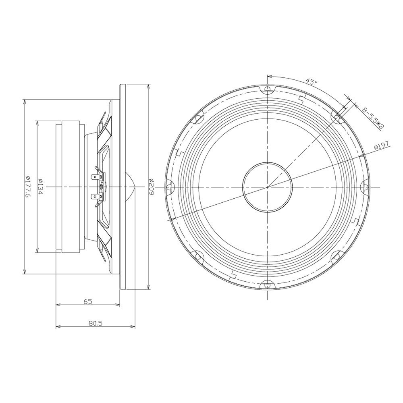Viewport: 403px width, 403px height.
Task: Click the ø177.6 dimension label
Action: [x=28, y=187]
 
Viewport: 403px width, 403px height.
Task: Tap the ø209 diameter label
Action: [x=152, y=187]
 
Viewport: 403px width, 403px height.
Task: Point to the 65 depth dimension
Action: [x=88, y=301]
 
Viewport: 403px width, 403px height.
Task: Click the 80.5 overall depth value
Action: [x=96, y=323]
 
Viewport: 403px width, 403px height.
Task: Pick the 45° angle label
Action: [x=312, y=82]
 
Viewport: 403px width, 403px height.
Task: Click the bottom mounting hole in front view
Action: [x=268, y=285]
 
